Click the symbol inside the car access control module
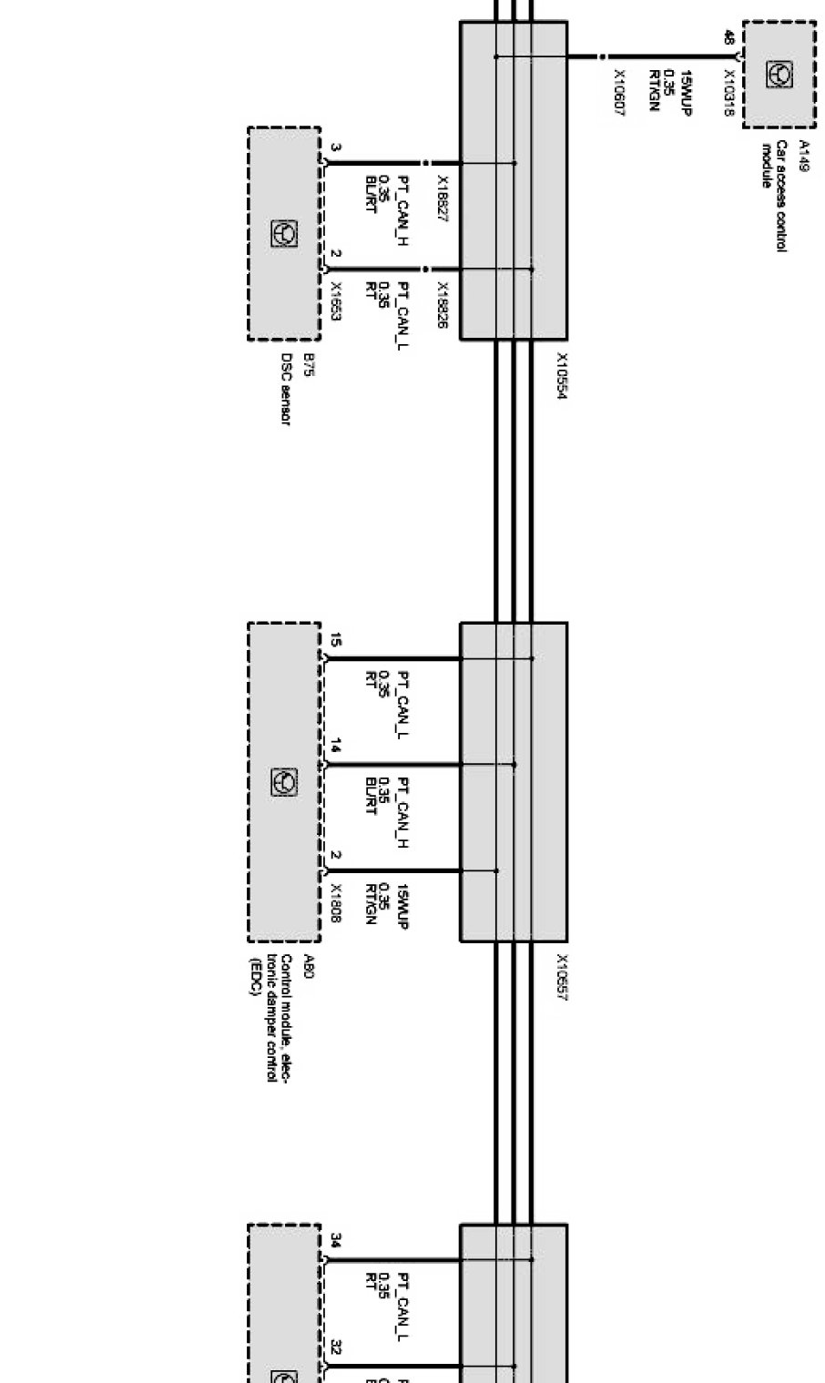point(780,72)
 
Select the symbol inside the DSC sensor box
point(283,234)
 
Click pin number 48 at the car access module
point(728,37)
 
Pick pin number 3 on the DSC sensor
point(335,147)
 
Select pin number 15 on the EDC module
point(335,641)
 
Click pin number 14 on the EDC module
point(335,747)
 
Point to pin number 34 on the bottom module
point(335,1240)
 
